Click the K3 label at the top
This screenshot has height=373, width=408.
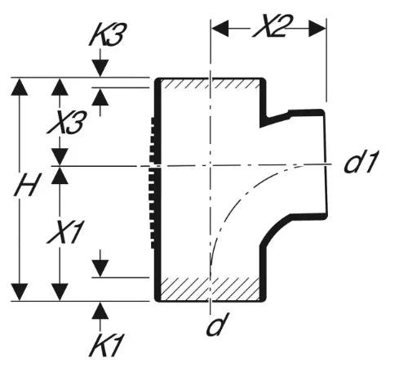[109, 34]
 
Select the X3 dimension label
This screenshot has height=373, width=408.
[68, 122]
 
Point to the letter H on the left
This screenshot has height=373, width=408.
[27, 185]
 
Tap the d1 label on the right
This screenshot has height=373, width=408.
[361, 161]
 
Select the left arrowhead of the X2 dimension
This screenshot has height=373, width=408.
[220, 28]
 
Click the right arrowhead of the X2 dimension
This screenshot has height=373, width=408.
[317, 28]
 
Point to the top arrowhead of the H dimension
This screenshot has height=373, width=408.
[19, 87]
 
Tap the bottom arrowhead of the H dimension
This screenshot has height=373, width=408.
[19, 292]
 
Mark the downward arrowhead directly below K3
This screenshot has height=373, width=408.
[100, 68]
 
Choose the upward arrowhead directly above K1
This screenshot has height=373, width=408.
[100, 311]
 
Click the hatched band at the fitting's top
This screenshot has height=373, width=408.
[209, 84]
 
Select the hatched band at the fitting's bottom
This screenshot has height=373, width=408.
[209, 290]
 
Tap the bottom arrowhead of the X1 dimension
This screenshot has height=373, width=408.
[60, 292]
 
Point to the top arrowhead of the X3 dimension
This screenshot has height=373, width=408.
[60, 87]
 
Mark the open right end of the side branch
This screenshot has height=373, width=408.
[326, 164]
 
